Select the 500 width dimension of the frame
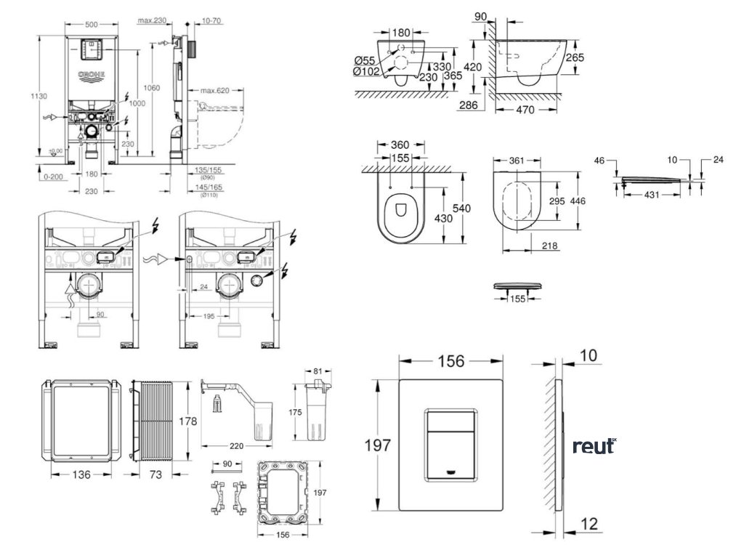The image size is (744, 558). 92,24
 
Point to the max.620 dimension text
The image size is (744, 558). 215,90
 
